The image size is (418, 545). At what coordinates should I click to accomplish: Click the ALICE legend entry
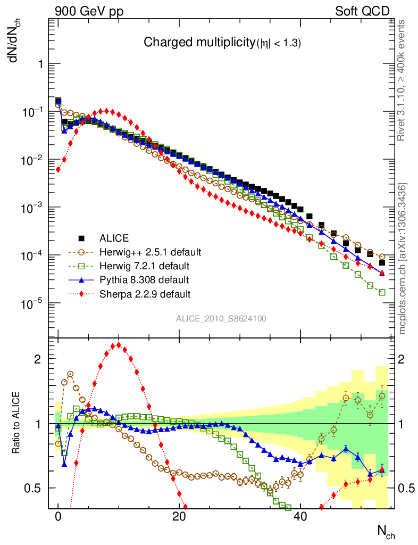coord(114,237)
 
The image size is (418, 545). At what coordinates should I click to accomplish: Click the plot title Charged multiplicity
coord(222,44)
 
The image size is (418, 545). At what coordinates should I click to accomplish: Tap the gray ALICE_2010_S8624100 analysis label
coord(221,318)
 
